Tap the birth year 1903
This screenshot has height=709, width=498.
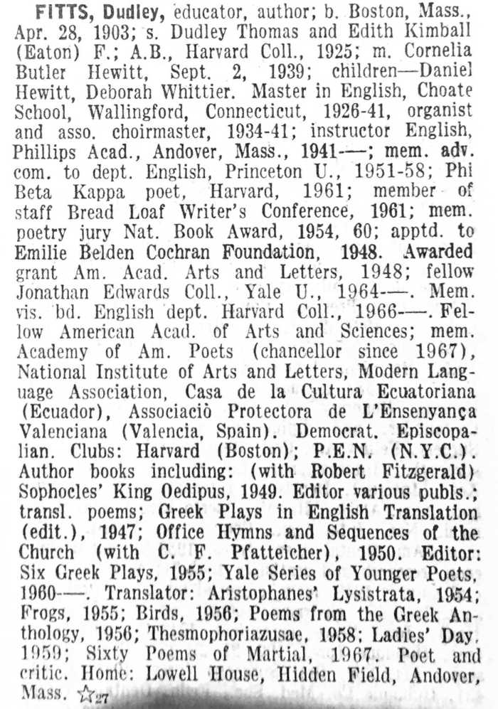click(119, 33)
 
